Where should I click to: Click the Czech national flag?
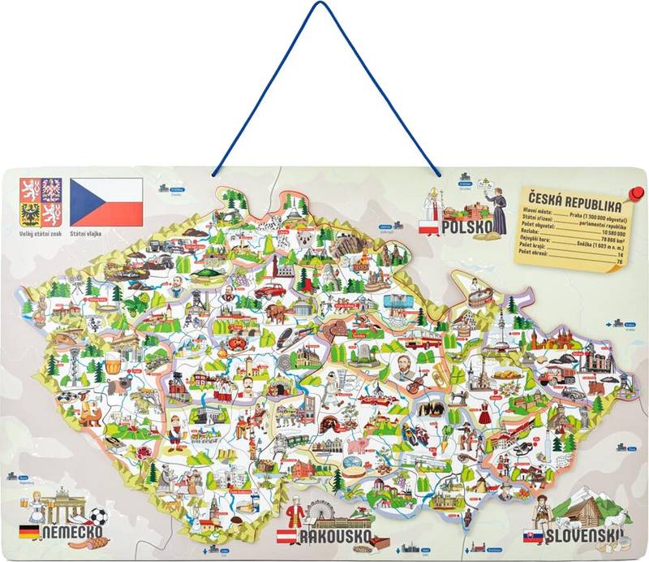point(106,202)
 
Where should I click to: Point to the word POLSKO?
point(467,227)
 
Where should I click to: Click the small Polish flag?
point(428,227)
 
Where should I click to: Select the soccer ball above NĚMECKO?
point(98,517)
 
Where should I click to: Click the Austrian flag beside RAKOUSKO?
point(286,536)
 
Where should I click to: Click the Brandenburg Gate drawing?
point(58,505)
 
